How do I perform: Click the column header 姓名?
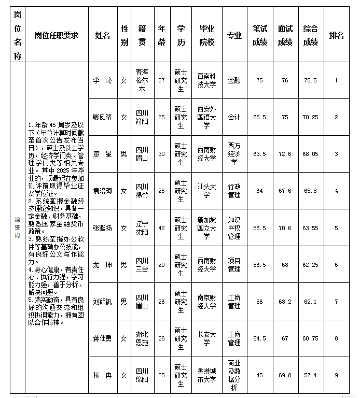coord(103,35)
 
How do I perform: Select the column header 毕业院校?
coord(206,35)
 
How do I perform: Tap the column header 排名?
coord(337,35)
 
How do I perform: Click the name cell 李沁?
coord(103,80)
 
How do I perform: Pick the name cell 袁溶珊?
coord(103,191)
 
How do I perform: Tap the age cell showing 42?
coord(161,228)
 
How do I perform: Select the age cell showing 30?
coord(161,154)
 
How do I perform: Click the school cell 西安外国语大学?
coord(206,117)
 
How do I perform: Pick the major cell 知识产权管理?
coord(234,228)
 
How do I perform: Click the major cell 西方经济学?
coord(234,154)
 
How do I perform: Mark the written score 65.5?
coord(259,117)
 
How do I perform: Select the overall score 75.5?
coord(311,80)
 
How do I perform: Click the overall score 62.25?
coord(311,265)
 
